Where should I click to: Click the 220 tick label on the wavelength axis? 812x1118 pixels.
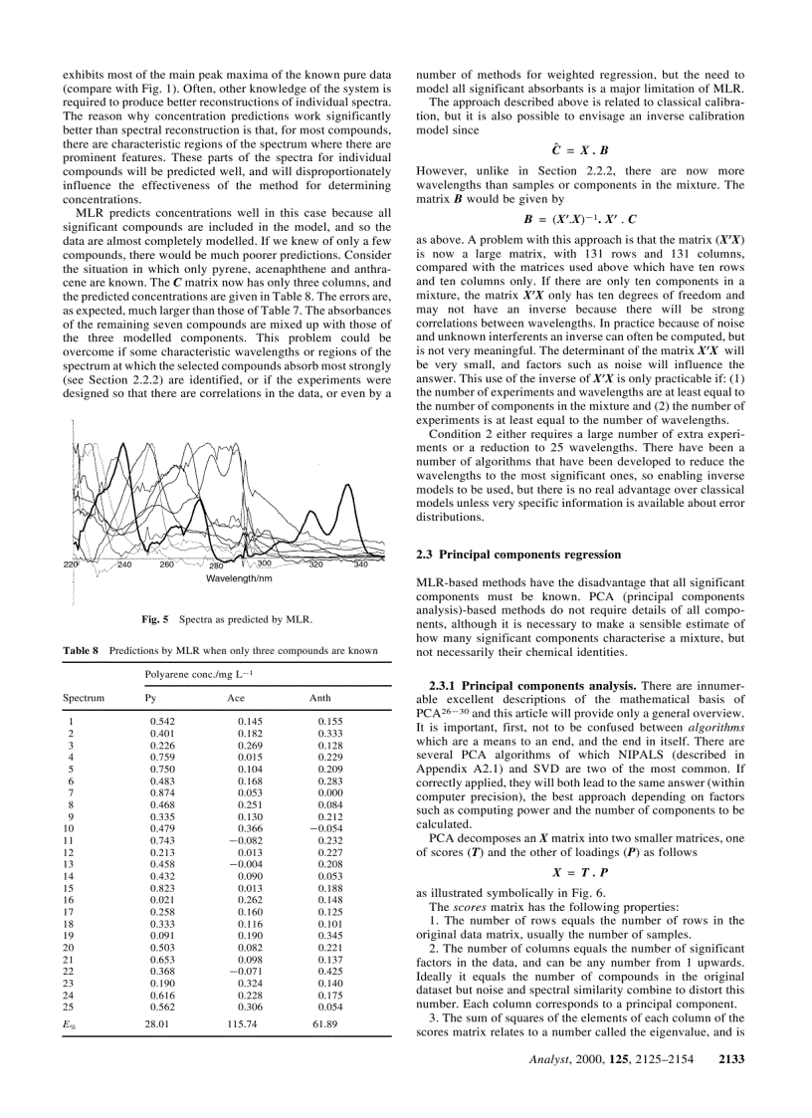tap(71, 564)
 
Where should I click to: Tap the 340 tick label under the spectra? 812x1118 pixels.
tap(360, 564)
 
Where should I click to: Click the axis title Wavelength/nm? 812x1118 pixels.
tap(241, 578)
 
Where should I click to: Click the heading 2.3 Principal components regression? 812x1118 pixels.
tap(516, 554)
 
